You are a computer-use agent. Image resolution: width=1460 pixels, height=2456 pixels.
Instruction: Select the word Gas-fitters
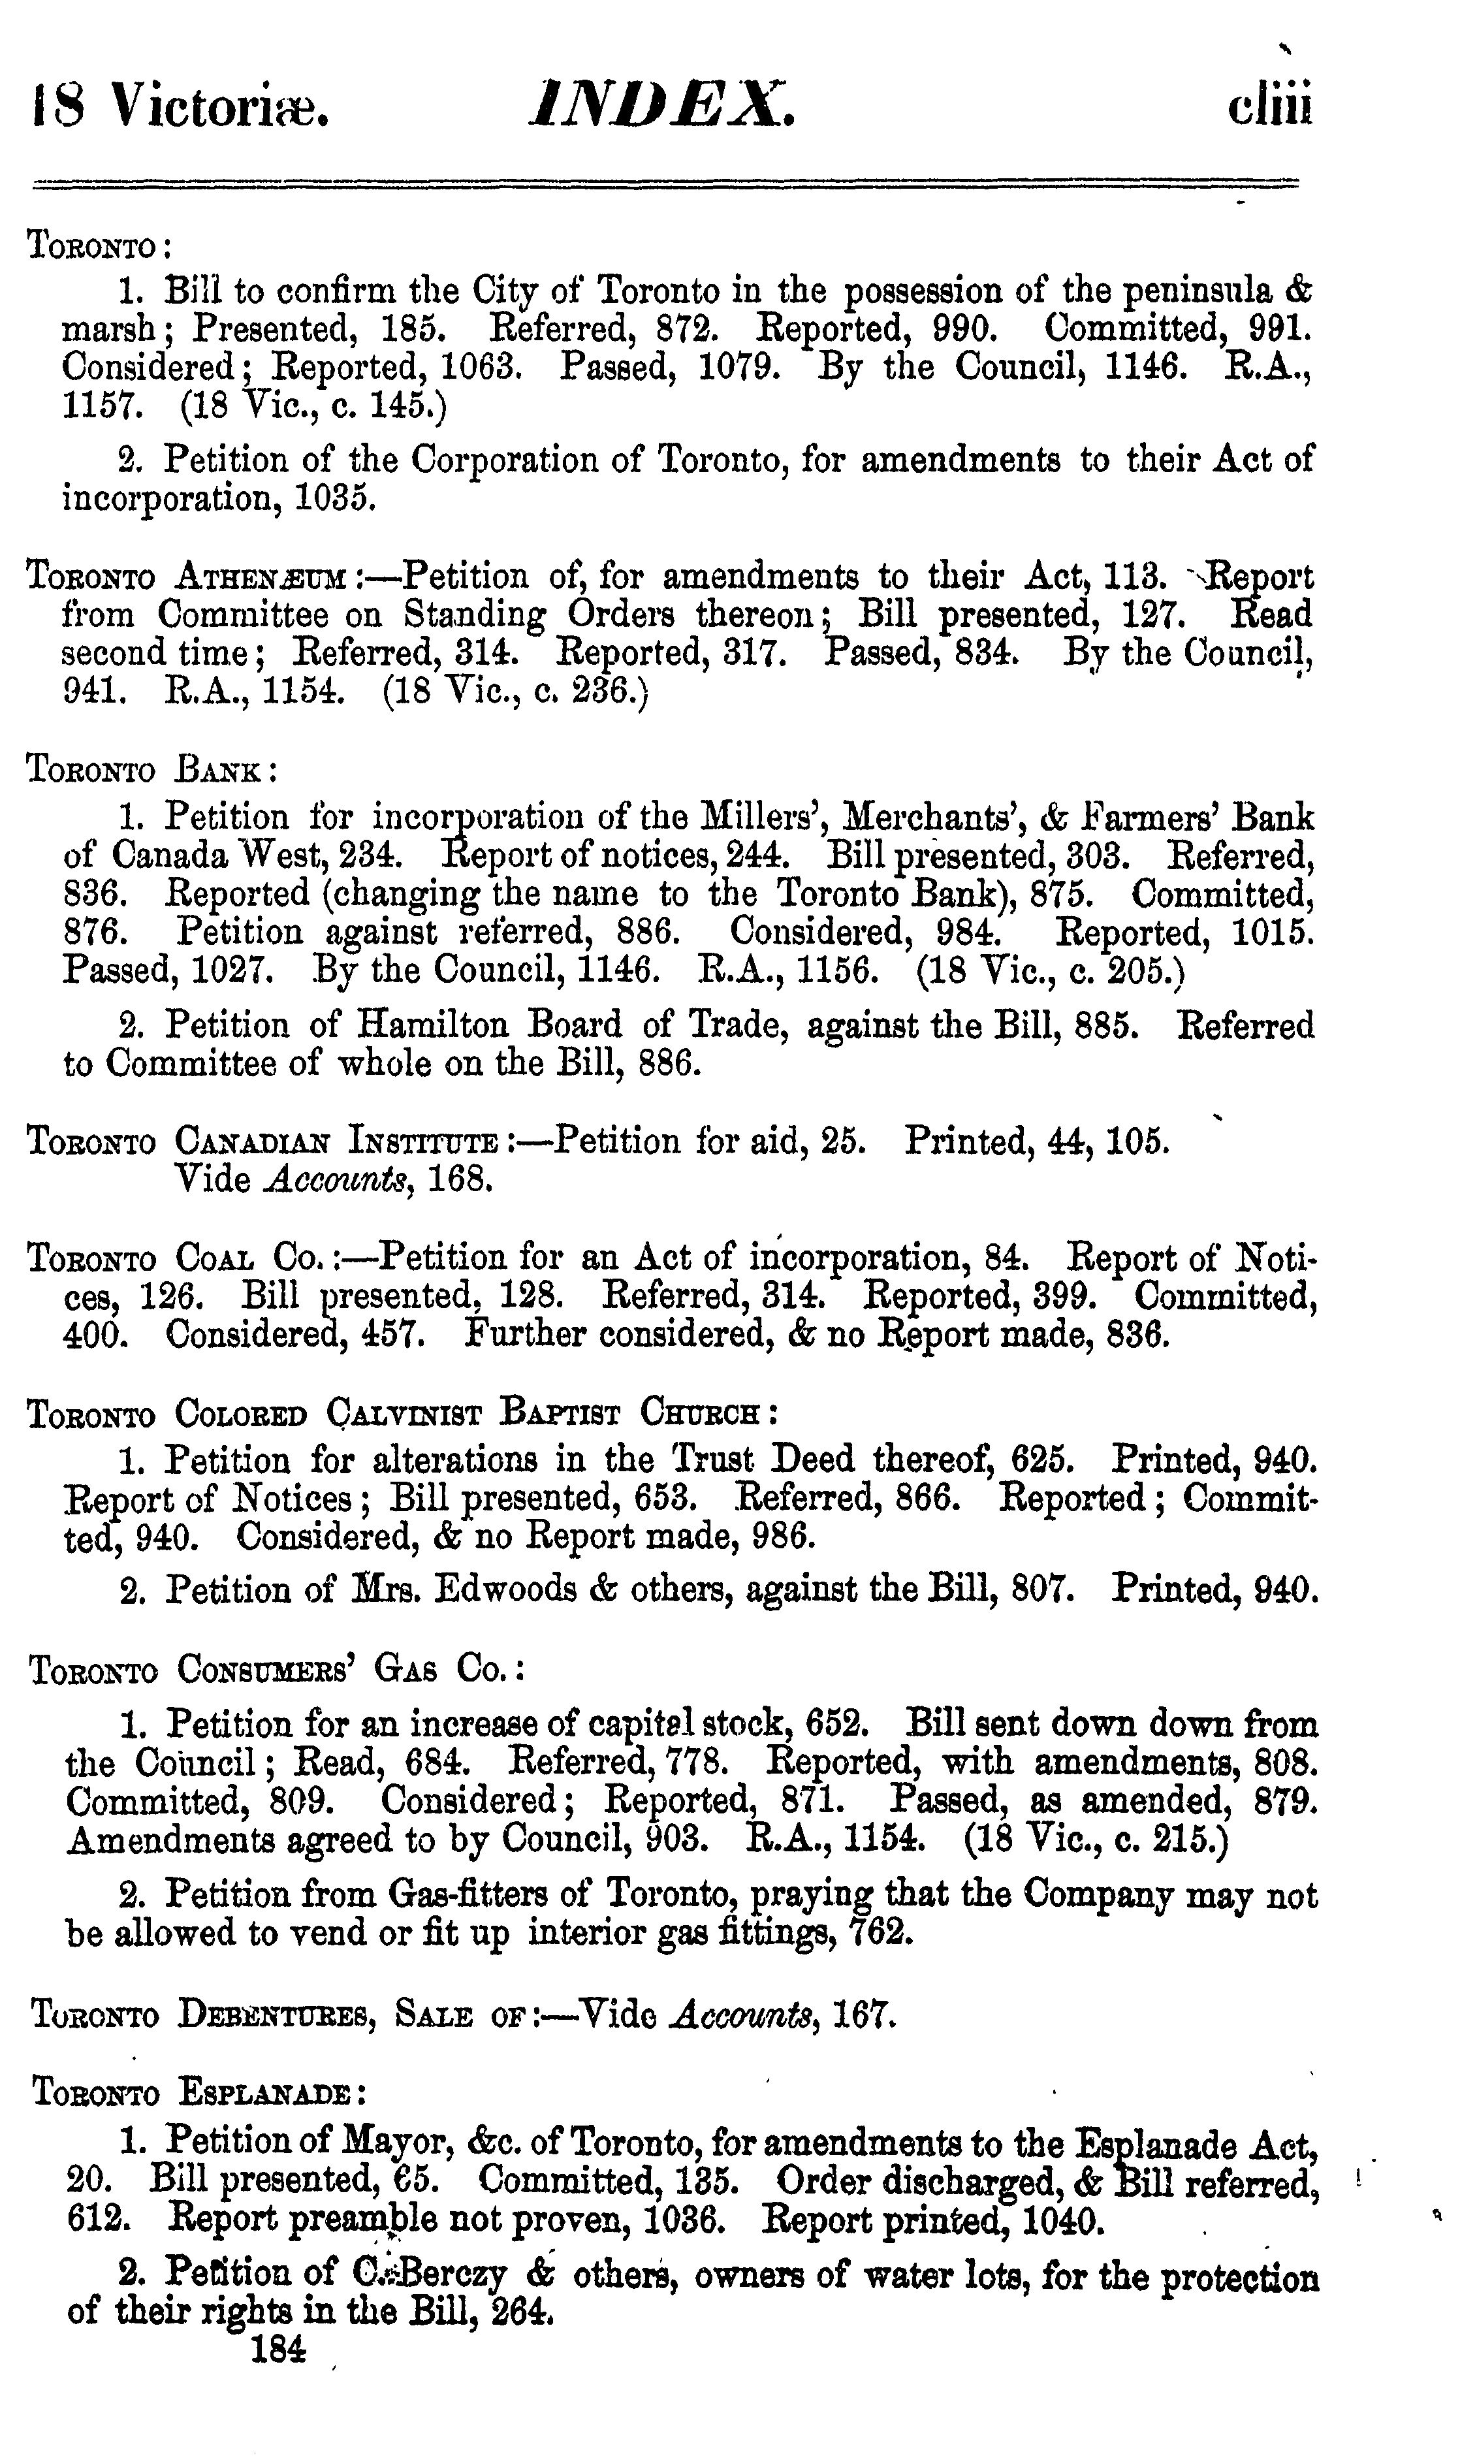click(x=466, y=1894)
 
